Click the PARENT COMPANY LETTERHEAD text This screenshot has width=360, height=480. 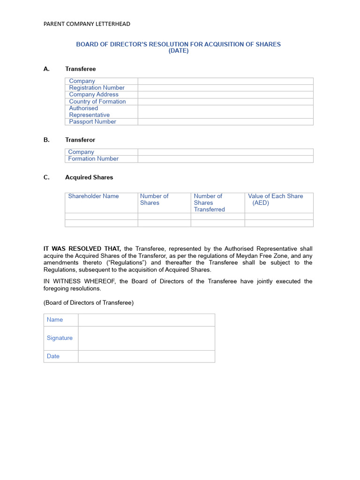coord(87,24)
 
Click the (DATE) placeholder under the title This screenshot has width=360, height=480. coord(179,51)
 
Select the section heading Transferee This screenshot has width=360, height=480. coord(80,69)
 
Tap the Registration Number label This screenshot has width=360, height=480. coord(97,88)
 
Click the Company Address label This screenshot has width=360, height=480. coord(94,94)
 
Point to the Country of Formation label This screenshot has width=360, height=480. coord(97,101)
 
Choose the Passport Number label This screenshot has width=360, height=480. coord(92,121)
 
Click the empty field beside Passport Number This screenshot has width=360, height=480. coord(225,121)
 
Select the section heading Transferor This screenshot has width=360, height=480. coord(80,140)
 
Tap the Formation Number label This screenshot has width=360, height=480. coord(93,158)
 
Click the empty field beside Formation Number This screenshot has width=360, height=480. coord(225,159)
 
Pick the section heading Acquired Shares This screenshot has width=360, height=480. coord(89,177)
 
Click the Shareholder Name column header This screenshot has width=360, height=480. coord(93,196)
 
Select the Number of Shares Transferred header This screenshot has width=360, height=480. coord(209,202)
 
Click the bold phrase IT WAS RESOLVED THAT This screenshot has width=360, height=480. coord(82,248)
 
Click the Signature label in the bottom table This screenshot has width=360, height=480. coord(60,338)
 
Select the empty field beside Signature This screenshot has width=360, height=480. coord(146,338)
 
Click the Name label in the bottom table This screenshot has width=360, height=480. coord(55,320)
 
